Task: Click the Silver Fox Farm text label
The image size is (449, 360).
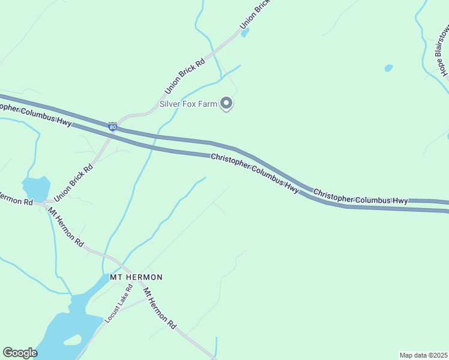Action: click(x=187, y=104)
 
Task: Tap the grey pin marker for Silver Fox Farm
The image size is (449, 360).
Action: click(x=226, y=104)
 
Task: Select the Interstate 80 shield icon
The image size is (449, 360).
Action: click(x=112, y=127)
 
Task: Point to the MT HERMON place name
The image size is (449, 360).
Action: click(x=136, y=277)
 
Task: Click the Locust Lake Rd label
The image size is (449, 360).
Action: click(x=118, y=307)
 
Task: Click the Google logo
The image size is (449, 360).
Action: click(x=20, y=352)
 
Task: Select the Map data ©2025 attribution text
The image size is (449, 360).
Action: click(x=423, y=355)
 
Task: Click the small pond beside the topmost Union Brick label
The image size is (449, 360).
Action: click(x=245, y=32)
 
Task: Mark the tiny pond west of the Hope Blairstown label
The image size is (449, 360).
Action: click(x=389, y=68)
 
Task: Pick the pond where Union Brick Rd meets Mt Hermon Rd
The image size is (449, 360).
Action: click(x=36, y=188)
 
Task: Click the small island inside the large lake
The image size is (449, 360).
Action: click(x=72, y=340)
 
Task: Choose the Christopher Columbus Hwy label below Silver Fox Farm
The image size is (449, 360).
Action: click(x=255, y=172)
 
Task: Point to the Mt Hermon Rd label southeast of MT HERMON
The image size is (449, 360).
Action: click(x=159, y=308)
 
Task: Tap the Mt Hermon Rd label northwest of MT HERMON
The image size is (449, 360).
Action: click(x=66, y=227)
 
